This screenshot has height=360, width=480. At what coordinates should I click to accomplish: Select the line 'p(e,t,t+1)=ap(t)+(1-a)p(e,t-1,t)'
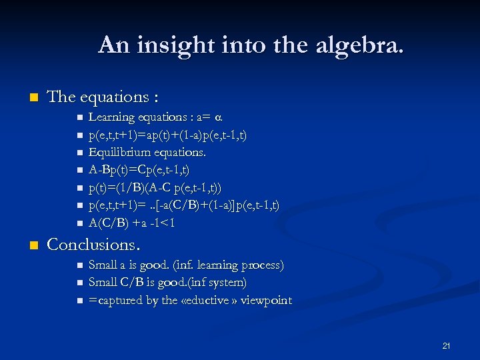[x=168, y=135]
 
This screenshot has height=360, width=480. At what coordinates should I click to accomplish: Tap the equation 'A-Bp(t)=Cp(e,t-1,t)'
[x=139, y=170]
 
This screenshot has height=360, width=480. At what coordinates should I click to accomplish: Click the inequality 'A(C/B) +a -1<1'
[x=132, y=223]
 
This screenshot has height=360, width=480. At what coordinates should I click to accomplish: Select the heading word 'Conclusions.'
[x=93, y=245]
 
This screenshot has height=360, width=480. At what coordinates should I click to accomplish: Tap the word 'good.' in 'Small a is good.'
[x=154, y=265]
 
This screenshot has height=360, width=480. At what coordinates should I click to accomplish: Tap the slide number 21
[x=447, y=346]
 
